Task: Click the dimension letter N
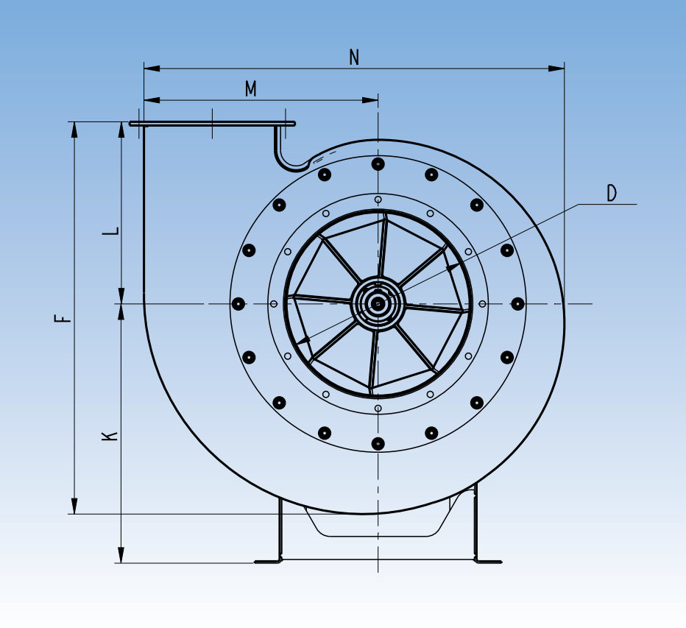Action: click(354, 57)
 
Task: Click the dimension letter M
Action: click(251, 89)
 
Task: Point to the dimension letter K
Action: click(110, 435)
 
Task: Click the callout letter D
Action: click(612, 194)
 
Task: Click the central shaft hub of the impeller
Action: click(378, 303)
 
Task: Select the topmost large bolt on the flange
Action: click(378, 163)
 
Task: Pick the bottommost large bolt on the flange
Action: click(378, 443)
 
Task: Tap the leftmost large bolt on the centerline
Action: click(238, 303)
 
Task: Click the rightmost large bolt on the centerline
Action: click(517, 303)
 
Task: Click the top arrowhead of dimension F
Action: click(74, 130)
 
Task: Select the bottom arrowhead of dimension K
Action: click(121, 555)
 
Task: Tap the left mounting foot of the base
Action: click(269, 561)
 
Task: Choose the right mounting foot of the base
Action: click(488, 561)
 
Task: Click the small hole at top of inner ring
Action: click(378, 200)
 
